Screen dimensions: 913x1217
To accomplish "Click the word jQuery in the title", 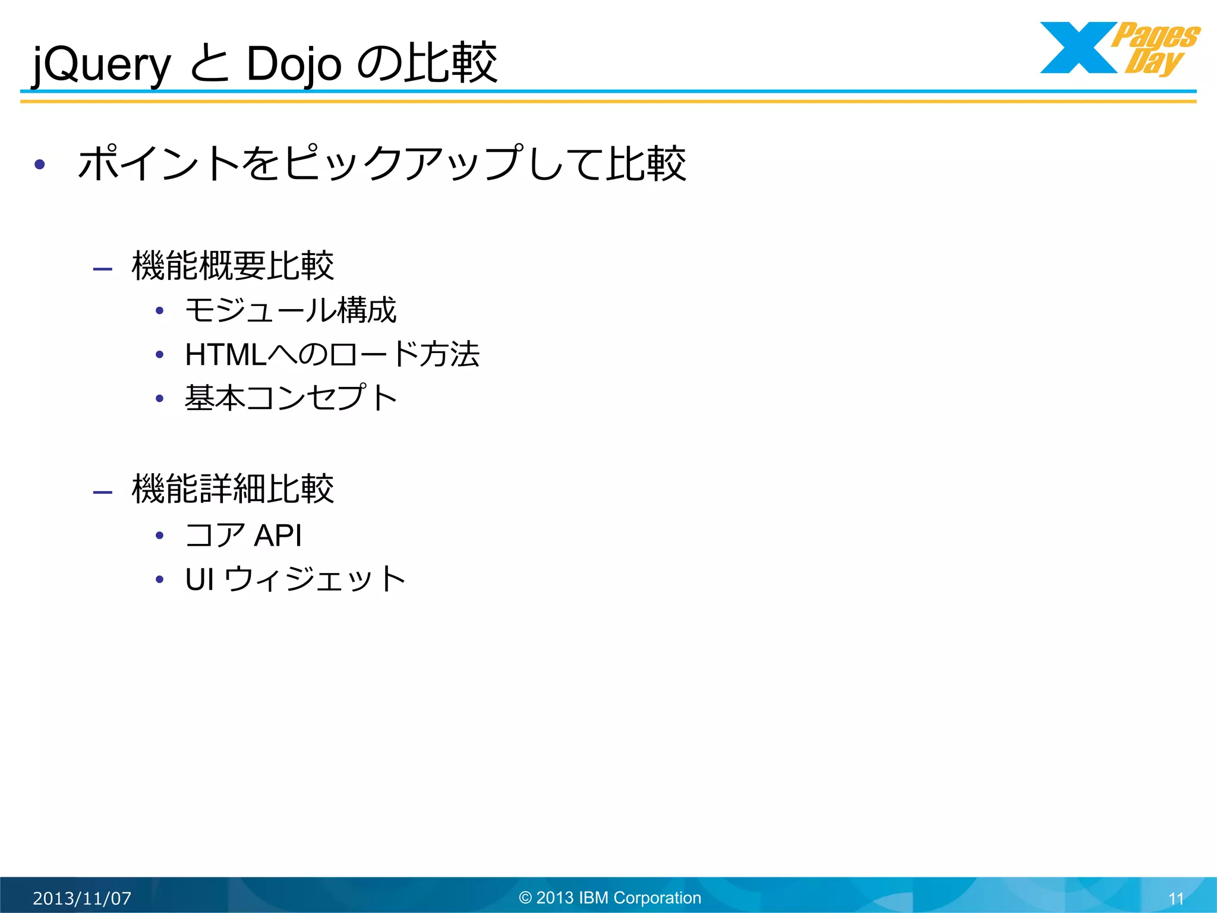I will [x=102, y=64].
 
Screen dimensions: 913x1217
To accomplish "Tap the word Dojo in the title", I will [x=294, y=64].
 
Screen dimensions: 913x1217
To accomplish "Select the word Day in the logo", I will [x=1153, y=62].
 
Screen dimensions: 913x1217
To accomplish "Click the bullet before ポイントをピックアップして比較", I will [x=40, y=165].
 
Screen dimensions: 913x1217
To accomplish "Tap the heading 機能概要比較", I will [x=232, y=266].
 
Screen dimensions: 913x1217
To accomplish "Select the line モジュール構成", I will [x=291, y=310].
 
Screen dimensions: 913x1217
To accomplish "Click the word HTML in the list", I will [x=226, y=355].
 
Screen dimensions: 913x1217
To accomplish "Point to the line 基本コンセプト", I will [x=291, y=398].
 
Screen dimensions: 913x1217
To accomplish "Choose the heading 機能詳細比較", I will [x=232, y=489].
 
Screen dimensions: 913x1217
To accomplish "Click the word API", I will [x=278, y=535].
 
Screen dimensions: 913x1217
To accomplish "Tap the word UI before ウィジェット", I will [x=200, y=579].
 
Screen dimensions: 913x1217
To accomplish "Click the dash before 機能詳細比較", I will [x=103, y=492].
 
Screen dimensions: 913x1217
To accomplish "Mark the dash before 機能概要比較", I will [x=103, y=269].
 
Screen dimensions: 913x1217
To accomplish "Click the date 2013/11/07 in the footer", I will [x=82, y=898].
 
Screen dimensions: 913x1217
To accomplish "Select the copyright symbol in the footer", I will [x=525, y=898].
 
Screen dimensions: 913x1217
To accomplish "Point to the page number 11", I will [x=1176, y=899].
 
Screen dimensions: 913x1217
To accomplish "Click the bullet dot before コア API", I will [x=159, y=536].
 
